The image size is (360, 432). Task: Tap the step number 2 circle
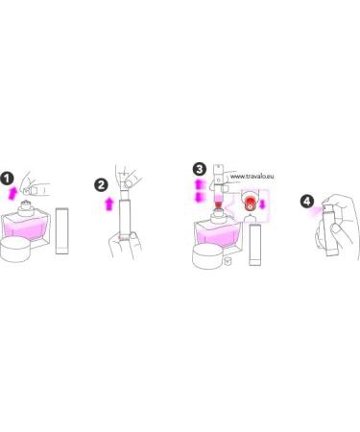pos(101,185)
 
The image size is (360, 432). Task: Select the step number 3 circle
pos(200,169)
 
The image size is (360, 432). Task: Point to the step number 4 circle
pos(306,202)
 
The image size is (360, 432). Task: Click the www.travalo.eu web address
pos(252,176)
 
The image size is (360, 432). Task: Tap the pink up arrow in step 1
pos(12,193)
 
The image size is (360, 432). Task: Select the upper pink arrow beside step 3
pos(199,185)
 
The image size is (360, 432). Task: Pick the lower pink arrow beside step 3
pos(199,197)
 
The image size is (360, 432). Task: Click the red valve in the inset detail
pos(250,204)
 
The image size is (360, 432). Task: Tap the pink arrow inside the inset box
pos(262,204)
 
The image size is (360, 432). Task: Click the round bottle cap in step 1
pos(15,250)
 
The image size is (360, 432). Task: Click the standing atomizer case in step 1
pos(61,230)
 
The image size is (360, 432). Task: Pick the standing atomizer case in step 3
pos(255,245)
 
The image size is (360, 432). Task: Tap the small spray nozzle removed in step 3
pos(228,261)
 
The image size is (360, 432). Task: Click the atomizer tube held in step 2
pos(125,218)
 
